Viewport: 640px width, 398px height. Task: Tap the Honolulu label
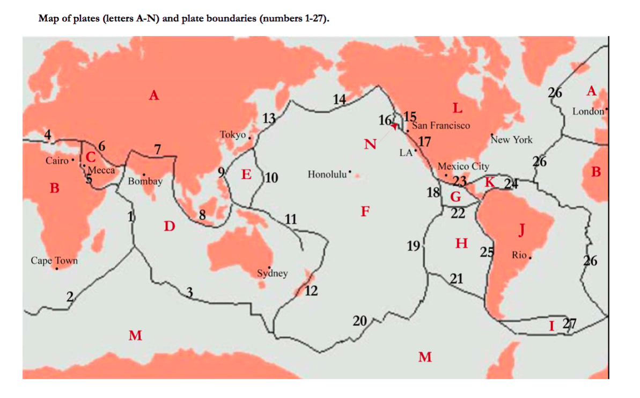coord(327,174)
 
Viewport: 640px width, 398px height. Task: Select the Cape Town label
coord(54,260)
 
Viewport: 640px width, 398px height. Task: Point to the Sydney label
coord(272,273)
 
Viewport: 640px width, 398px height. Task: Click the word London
coord(588,112)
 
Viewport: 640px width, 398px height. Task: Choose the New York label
coord(512,140)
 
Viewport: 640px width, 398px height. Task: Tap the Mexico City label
coord(464,167)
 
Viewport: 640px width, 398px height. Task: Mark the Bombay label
coord(145,181)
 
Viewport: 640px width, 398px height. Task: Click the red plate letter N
coord(370,143)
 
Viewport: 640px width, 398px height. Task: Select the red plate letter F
coord(365,211)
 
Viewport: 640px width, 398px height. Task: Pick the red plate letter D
coord(169,226)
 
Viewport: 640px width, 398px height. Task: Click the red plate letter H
coord(461,243)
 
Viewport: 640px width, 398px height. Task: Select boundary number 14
coord(339,99)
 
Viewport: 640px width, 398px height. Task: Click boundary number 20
coord(359,321)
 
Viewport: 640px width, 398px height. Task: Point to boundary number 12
coord(311,291)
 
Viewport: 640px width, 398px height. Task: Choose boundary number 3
coord(189,292)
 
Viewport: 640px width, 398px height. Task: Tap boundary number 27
coord(569,323)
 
